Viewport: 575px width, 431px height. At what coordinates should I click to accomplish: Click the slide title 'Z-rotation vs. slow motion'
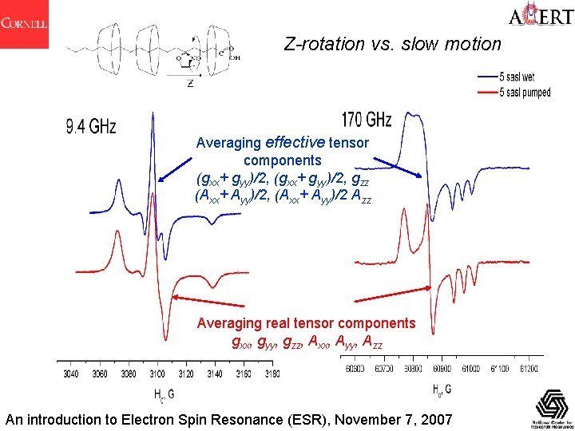[393, 45]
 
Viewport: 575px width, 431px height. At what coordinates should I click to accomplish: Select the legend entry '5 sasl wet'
[523, 77]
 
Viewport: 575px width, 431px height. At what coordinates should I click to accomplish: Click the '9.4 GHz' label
[92, 127]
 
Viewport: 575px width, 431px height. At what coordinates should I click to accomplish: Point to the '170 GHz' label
[367, 121]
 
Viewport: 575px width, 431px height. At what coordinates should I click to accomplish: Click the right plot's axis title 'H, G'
[442, 390]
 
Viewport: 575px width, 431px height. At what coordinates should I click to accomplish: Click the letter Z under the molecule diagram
[190, 83]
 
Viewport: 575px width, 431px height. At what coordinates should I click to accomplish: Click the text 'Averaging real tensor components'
[306, 323]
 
